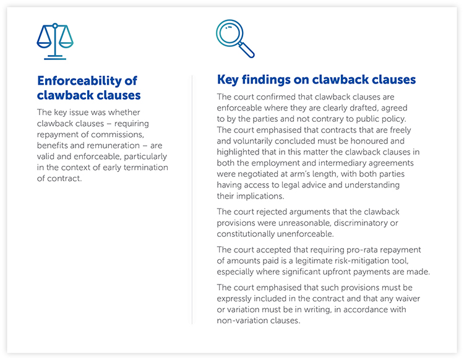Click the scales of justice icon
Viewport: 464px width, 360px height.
click(55, 41)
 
